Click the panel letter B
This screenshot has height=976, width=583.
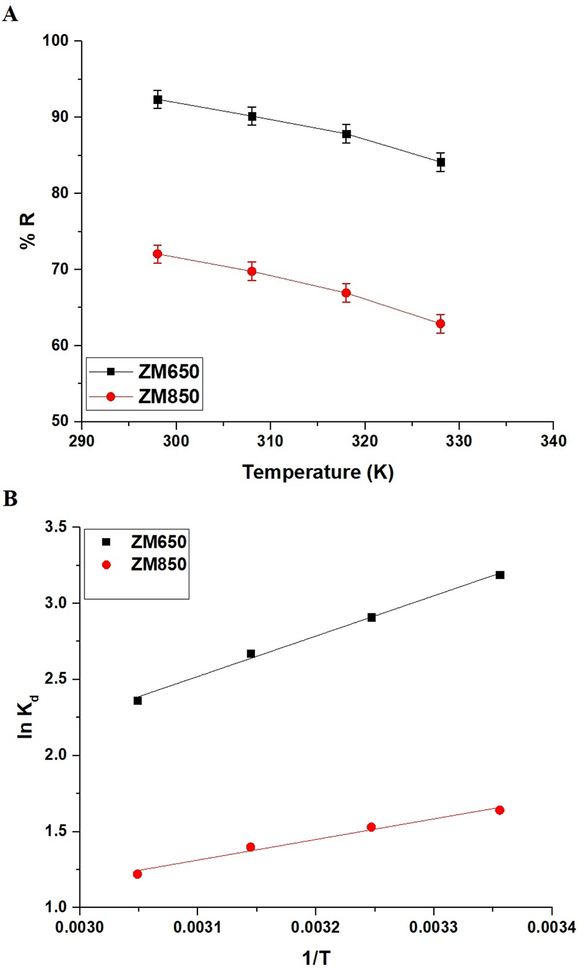click(x=10, y=499)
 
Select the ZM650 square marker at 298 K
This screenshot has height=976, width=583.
click(x=158, y=99)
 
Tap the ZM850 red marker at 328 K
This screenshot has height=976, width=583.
click(x=440, y=324)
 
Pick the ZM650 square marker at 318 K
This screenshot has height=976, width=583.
click(x=347, y=134)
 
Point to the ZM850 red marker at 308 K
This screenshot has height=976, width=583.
click(x=252, y=271)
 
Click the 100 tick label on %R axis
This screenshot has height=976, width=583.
click(x=55, y=41)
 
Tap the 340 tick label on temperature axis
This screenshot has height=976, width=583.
click(x=553, y=441)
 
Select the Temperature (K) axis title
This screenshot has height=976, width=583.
click(x=318, y=472)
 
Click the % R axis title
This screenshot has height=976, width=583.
click(x=28, y=231)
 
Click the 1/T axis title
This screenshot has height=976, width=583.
click(x=316, y=958)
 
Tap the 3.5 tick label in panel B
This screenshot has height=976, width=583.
click(x=57, y=527)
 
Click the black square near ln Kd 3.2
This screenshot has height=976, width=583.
click(x=500, y=575)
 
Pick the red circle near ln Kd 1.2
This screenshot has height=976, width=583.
click(x=137, y=874)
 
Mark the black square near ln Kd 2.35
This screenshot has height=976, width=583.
click(x=138, y=700)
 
